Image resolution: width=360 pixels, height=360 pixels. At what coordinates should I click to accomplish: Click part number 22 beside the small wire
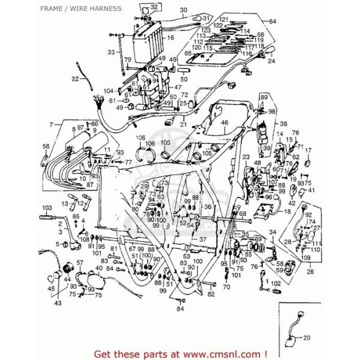point(75,79)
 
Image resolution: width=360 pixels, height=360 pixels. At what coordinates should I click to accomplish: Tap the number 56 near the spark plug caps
point(46,146)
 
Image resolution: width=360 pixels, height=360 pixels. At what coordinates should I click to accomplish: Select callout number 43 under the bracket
point(58,303)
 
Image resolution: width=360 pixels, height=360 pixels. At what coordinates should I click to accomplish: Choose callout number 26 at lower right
point(310,271)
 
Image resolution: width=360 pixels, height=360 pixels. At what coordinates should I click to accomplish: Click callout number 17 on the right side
point(309,151)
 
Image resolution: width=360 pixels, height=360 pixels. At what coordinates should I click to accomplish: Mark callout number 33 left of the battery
point(111,52)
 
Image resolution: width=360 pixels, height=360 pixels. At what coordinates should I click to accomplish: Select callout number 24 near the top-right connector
point(271,61)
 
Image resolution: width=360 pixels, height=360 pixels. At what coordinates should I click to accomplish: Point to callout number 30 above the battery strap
point(166,10)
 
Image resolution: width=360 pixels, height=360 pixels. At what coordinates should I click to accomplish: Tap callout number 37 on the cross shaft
point(203,238)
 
